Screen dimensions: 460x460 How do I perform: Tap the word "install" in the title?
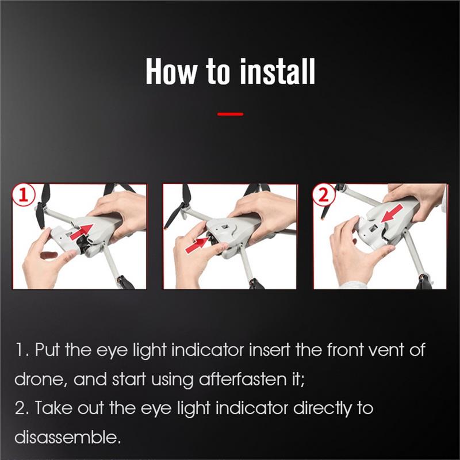click(x=278, y=71)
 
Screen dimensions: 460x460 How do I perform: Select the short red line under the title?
click(x=231, y=114)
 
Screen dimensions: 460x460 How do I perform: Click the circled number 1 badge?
click(x=24, y=195)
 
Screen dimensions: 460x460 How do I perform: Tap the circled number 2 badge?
click(x=323, y=194)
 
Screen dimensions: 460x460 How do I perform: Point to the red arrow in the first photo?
click(x=82, y=232)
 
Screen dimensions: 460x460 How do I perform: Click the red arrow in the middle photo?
click(x=197, y=245)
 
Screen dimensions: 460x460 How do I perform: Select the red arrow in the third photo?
click(x=392, y=213)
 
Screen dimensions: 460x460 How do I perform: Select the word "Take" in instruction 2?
click(x=53, y=408)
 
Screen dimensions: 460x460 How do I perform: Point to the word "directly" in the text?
click(x=323, y=408)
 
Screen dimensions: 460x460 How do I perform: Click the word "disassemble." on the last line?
click(x=68, y=437)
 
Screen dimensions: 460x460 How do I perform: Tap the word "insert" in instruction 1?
click(x=270, y=350)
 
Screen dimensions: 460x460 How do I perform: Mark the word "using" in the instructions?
click(x=172, y=380)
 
